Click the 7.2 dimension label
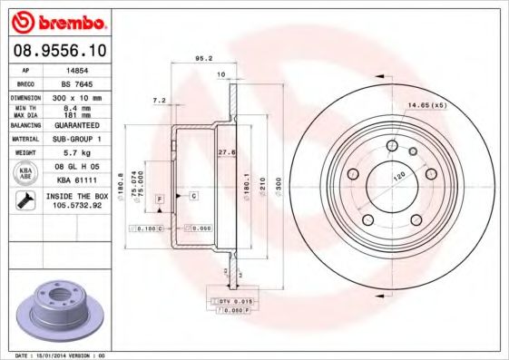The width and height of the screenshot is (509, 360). pos(160,100)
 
